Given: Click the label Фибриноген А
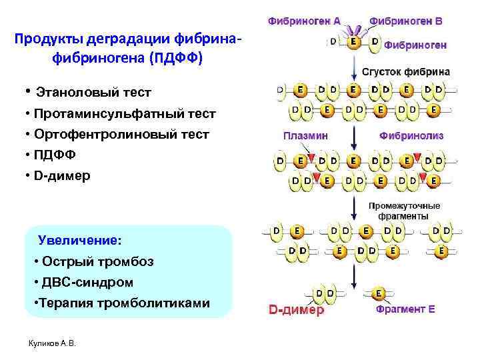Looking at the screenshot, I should [x=304, y=21].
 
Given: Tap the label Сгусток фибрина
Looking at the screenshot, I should [x=405, y=71].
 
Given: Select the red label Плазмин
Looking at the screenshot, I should [x=305, y=135].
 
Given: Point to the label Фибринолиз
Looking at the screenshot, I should [x=411, y=135].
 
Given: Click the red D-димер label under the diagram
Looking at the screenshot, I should [x=296, y=310].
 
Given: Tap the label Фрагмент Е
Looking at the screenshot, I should [x=405, y=310].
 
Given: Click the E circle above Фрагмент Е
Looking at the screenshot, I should [x=379, y=293].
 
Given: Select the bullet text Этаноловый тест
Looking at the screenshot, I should [x=93, y=91].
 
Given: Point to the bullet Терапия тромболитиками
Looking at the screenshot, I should [x=121, y=303].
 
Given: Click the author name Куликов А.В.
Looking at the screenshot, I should [x=53, y=343].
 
